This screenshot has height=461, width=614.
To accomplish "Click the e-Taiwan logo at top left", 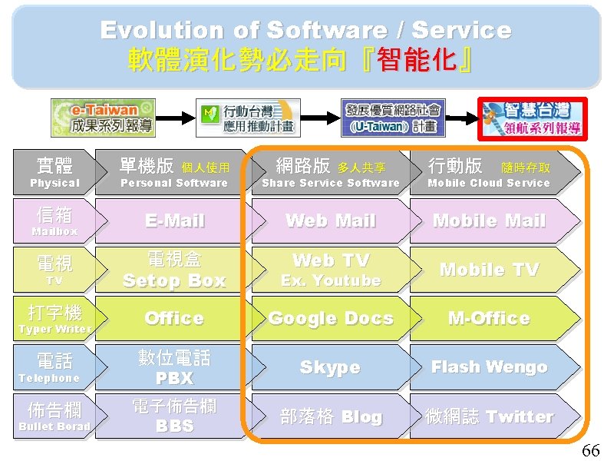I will tap(103, 118).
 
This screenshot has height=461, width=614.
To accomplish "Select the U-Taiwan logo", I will tap(392, 118).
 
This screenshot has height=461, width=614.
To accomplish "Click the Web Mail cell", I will tap(331, 221).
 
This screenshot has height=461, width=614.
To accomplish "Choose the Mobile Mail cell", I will tap(489, 221).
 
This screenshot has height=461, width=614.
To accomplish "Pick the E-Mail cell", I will tap(175, 221).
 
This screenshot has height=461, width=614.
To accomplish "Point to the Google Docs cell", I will tap(331, 318).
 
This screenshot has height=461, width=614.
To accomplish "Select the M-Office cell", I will tap(489, 318).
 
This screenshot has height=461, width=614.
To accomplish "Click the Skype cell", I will tap(330, 367).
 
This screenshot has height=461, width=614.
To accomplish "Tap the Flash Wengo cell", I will tap(489, 367).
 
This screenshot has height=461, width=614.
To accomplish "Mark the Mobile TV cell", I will tap(489, 270).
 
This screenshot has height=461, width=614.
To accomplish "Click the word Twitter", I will tap(520, 416).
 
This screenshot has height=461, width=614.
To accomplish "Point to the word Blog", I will tap(361, 416).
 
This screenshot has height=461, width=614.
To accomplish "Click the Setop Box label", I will tap(174, 281).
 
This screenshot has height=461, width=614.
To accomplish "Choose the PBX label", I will tap(174, 379).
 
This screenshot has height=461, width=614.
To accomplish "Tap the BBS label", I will tap(174, 426).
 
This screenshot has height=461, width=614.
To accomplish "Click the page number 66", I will tap(591, 450).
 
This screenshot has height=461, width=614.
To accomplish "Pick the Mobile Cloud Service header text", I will tap(489, 184).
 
